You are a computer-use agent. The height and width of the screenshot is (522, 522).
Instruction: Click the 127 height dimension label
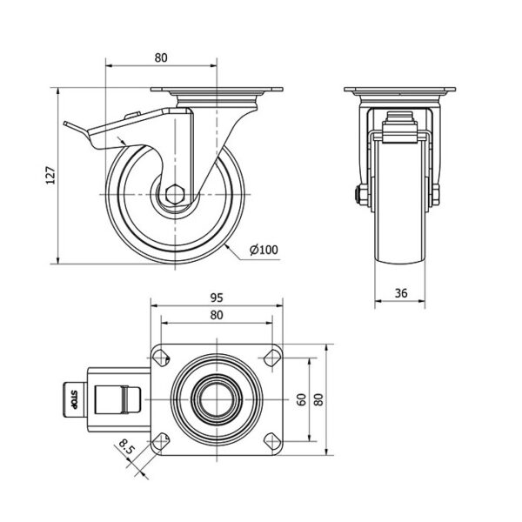50,175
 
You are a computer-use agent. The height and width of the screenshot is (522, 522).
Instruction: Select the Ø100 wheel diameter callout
264,250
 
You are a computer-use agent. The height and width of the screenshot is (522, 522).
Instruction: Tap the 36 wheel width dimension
401,293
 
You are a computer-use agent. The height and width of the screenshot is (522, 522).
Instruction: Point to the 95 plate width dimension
217,298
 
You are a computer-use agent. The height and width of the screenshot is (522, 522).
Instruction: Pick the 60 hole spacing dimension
301,399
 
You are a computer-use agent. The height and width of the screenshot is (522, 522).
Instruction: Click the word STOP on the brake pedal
74,399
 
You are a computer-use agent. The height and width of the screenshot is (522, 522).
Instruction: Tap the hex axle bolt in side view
174,194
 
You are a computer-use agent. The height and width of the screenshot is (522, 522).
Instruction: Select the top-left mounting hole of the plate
161,358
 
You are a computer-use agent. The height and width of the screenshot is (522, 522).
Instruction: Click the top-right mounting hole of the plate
272,358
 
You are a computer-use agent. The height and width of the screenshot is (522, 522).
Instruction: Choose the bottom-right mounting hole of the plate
272,441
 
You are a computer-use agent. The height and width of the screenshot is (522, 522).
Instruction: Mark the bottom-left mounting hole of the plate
161,441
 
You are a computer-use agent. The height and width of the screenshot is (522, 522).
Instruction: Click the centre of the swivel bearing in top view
217,399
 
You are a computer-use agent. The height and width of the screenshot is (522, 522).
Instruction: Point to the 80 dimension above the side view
161,57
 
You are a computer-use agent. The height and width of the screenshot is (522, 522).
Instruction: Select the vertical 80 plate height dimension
319,399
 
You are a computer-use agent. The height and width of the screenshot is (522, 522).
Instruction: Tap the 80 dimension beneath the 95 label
217,315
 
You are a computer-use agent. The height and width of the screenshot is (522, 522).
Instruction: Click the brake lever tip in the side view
65,124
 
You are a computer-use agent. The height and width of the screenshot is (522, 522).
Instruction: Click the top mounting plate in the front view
400,90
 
